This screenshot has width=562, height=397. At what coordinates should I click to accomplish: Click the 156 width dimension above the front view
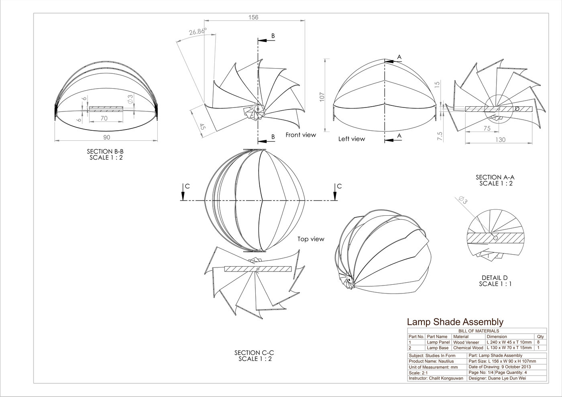tap(253, 17)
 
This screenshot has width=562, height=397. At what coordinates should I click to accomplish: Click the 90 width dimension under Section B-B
tap(106, 138)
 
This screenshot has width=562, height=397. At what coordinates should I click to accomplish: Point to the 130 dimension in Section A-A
tap(501, 140)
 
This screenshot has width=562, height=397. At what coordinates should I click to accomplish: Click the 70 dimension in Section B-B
tap(104, 118)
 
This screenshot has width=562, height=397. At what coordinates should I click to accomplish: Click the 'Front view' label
tap(301, 135)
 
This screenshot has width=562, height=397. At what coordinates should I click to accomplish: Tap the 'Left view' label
tap(352, 139)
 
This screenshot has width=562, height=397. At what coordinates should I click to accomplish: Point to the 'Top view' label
tap(311, 239)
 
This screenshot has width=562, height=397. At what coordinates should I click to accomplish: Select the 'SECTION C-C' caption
tap(254, 352)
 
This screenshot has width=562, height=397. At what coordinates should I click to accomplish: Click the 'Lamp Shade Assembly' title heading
tap(455, 322)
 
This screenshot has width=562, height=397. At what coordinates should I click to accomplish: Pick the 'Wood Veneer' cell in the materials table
tap(466, 342)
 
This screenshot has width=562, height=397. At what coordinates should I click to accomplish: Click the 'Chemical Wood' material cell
tap(468, 348)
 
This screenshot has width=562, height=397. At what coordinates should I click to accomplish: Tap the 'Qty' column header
tap(540, 336)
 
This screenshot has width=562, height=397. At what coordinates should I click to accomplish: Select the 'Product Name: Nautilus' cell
tap(428, 361)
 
